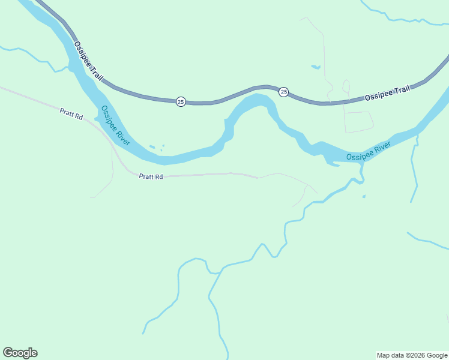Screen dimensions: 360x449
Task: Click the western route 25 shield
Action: click(181, 101)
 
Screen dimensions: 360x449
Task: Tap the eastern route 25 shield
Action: click(284, 92)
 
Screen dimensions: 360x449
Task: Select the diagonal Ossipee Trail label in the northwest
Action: click(89, 62)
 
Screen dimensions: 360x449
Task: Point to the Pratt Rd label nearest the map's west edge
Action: click(71, 113)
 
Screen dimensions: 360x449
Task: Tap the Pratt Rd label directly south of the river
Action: click(151, 177)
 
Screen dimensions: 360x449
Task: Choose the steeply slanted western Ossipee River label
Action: click(115, 125)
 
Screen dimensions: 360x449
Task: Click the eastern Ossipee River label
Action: click(369, 152)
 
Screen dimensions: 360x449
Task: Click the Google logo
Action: click(20, 353)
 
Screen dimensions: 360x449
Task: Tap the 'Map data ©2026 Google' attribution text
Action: click(412, 355)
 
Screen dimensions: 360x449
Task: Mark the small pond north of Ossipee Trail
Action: click(316, 67)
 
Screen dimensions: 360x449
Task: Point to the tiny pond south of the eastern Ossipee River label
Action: click(364, 196)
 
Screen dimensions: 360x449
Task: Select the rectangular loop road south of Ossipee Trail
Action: click(358, 122)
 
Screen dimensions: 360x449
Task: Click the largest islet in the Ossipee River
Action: click(152, 147)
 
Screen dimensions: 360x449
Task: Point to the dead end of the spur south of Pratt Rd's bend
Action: click(92, 197)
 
